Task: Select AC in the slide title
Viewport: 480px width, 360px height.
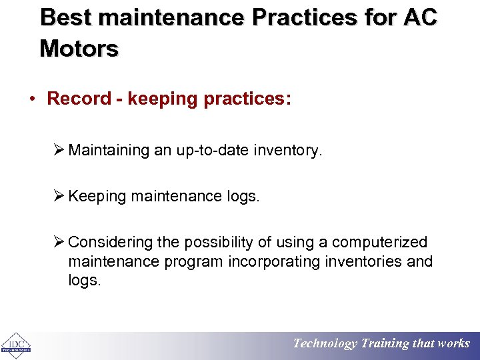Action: (x=420, y=17)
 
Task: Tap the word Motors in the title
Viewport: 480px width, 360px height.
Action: (x=79, y=48)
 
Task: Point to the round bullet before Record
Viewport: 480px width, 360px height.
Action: (x=31, y=99)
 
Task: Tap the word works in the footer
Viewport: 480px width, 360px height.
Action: (x=453, y=344)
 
